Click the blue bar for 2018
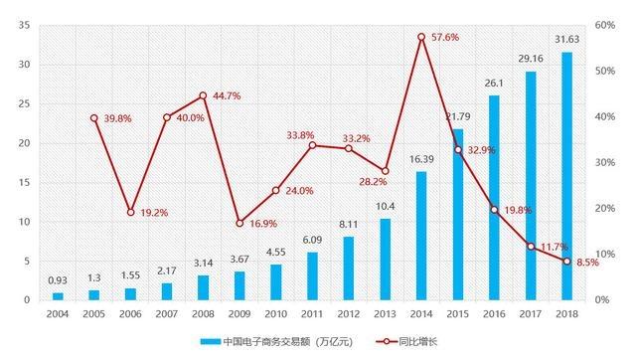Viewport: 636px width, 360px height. pyautogui.click(x=567, y=176)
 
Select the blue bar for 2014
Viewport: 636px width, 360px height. pyautogui.click(x=421, y=236)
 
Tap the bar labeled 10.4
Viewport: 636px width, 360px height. pyautogui.click(x=385, y=259)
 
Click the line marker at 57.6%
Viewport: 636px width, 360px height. pyautogui.click(x=421, y=37)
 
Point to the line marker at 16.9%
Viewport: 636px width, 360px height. pyautogui.click(x=239, y=223)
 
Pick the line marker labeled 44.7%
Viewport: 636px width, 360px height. pyautogui.click(x=203, y=95)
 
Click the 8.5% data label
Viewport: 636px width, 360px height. pyautogui.click(x=588, y=264)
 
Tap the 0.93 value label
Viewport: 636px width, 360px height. pyautogui.click(x=58, y=281)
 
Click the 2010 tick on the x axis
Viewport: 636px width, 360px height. pyautogui.click(x=276, y=313)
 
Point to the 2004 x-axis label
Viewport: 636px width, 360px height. pyautogui.click(x=58, y=313)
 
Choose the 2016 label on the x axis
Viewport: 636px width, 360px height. pyautogui.click(x=494, y=313)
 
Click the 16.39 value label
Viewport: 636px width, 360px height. pyautogui.click(x=421, y=159)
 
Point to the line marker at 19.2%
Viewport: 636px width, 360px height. pyautogui.click(x=130, y=212)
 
